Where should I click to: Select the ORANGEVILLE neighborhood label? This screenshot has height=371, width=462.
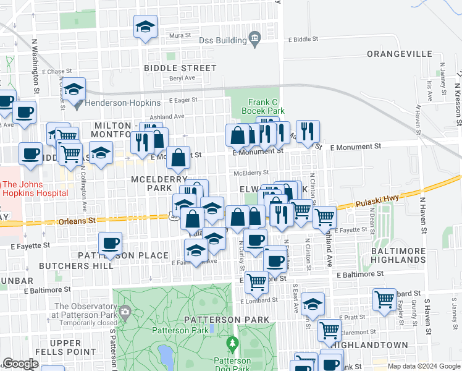(399, 54)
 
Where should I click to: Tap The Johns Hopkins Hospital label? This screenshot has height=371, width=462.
(34, 189)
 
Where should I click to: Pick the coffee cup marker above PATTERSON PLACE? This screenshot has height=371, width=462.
(110, 244)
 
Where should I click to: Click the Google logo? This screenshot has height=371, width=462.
(20, 364)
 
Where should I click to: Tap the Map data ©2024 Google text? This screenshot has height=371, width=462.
(423, 366)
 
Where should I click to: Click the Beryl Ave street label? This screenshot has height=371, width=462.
(182, 78)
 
